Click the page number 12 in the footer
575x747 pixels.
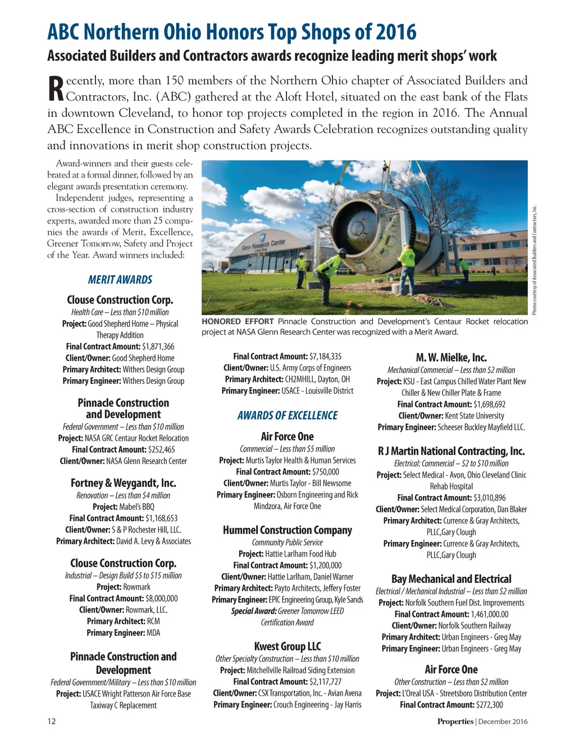[51, 721]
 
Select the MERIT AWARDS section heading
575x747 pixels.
[120, 280]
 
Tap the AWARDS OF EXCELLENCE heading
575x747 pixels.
[287, 416]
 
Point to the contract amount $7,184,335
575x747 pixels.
[325, 357]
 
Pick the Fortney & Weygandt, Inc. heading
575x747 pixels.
[124, 483]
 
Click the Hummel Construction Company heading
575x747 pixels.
[287, 530]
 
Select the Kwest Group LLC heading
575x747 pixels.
[287, 646]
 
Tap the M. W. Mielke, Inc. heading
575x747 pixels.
[451, 358]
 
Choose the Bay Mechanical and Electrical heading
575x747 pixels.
[451, 579]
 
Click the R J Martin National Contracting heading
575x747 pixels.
[451, 451]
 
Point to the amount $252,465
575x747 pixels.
[162, 449]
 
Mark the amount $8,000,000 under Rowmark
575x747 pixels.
[161, 599]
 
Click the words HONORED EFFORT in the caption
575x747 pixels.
[238, 322]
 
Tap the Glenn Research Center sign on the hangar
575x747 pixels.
[263, 245]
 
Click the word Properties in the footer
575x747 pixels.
[455, 722]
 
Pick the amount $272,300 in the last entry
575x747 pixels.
[489, 705]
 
